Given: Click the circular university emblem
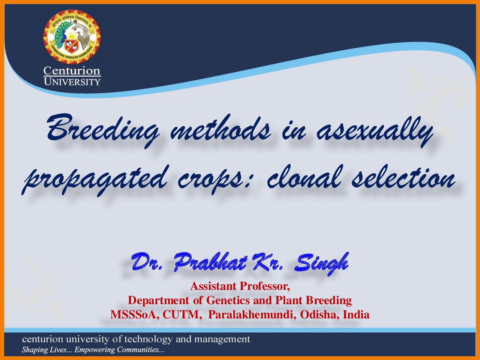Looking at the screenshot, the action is pyautogui.click(x=72, y=37).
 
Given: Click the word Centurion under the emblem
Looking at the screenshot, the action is pyautogui.click(x=72, y=70).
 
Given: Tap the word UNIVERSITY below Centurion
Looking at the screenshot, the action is pyautogui.click(x=72, y=82).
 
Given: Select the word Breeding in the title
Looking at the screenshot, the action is pyautogui.click(x=103, y=131).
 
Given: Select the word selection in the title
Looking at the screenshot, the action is pyautogui.click(x=403, y=178).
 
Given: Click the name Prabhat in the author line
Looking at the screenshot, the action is pyautogui.click(x=211, y=262).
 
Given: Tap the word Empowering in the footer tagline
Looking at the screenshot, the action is pyautogui.click(x=94, y=350).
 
